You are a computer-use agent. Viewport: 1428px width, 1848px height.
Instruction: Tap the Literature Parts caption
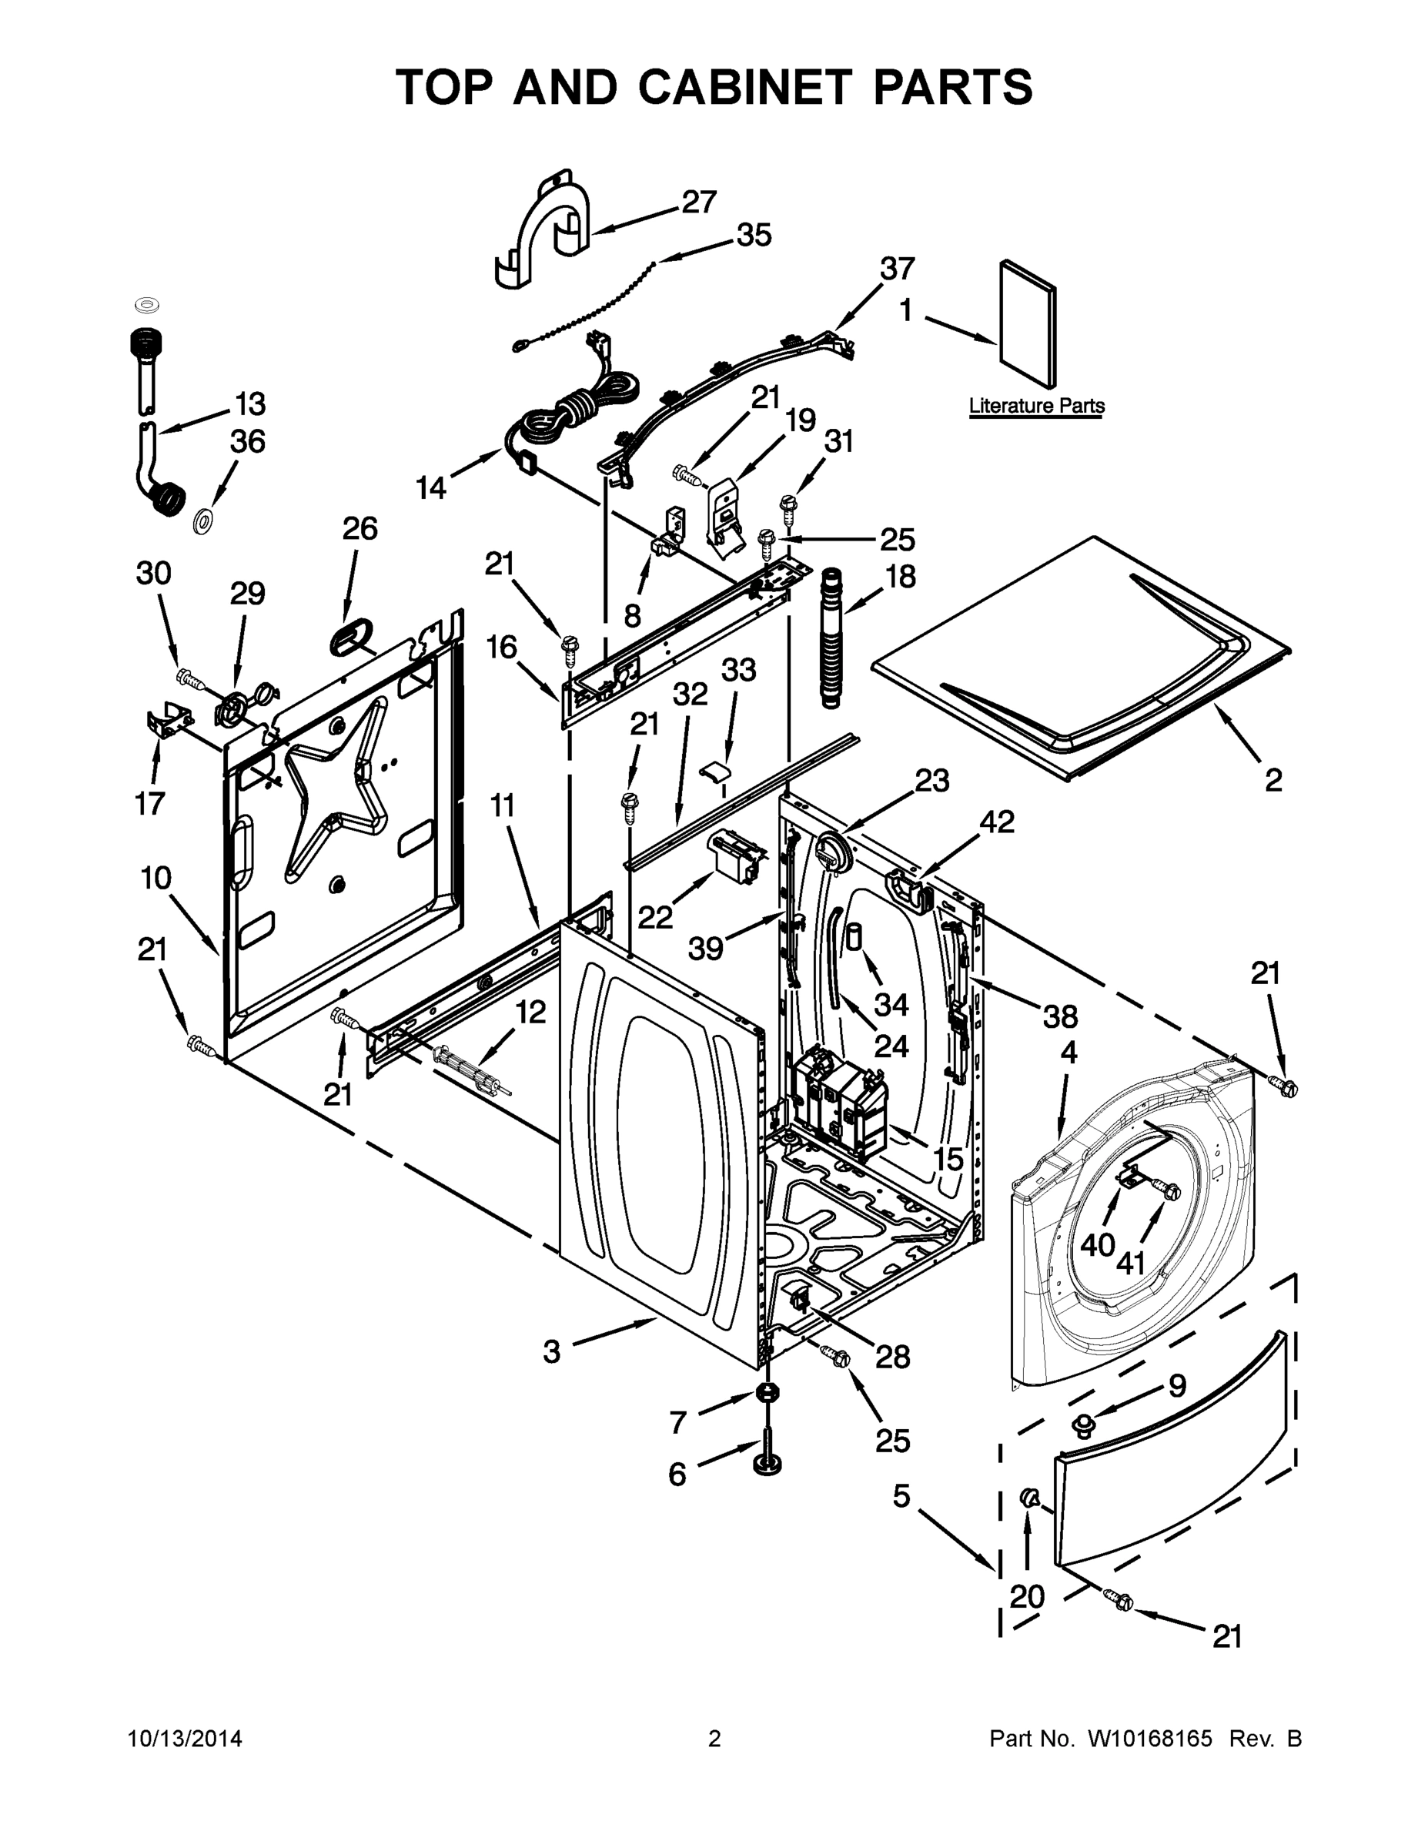tap(1036, 405)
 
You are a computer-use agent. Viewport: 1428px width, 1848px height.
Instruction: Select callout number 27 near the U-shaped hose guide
tap(699, 202)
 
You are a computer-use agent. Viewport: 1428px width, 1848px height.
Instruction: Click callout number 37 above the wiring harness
tap(897, 268)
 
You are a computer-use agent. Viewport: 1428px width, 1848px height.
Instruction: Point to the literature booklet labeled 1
tap(1027, 323)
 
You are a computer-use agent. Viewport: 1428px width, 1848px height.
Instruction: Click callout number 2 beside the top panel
tap(1273, 779)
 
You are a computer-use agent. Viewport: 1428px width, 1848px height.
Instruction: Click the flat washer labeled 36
tap(203, 521)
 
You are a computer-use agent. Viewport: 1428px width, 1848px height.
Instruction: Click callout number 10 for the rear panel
tap(156, 879)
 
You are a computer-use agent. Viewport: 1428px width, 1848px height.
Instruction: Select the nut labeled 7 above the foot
tap(767, 1392)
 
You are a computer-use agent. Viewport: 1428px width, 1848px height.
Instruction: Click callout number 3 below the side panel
tap(552, 1351)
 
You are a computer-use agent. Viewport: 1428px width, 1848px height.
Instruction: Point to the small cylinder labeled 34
tap(855, 938)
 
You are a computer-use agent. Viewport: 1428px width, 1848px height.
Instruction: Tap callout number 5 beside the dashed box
tap(901, 1497)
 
